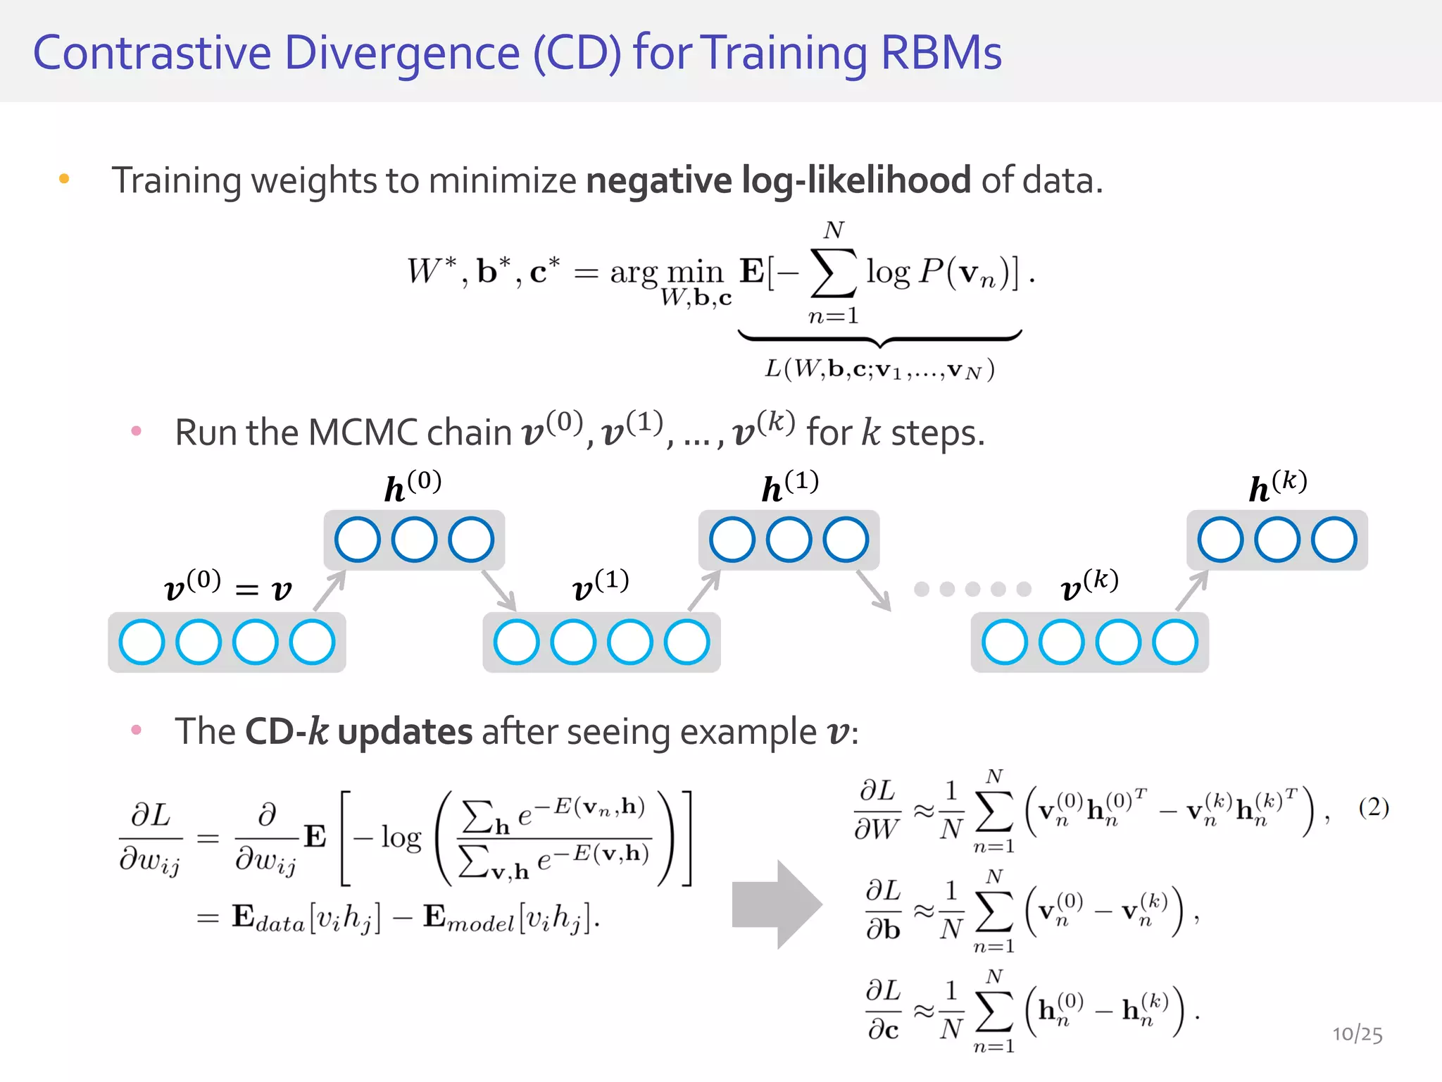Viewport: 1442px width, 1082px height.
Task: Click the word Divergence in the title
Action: [x=402, y=54]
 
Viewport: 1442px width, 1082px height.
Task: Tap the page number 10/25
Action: [x=1357, y=1033]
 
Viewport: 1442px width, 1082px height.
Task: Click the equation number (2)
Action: [x=1373, y=807]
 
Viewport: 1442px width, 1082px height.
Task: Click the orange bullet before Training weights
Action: [x=64, y=179]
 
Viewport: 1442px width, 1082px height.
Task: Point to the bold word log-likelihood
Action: [x=856, y=180]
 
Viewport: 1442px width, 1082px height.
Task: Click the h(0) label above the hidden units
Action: [x=413, y=486]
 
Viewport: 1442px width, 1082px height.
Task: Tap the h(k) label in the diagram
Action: [x=1277, y=486]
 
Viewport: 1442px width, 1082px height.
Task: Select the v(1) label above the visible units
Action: [x=601, y=585]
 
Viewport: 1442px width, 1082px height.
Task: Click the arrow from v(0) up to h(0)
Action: [x=330, y=590]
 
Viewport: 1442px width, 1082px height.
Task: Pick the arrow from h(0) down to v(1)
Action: [x=499, y=590]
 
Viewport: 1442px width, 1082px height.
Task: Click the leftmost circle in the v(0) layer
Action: [x=142, y=642]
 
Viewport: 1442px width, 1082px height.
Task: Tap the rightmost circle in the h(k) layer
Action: [x=1334, y=540]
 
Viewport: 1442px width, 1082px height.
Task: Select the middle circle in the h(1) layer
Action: [x=789, y=540]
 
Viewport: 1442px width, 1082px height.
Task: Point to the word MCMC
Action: [x=363, y=433]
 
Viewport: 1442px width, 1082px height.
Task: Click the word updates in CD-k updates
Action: [x=405, y=731]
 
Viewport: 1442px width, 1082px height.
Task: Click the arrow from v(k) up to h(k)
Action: [x=1192, y=590]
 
